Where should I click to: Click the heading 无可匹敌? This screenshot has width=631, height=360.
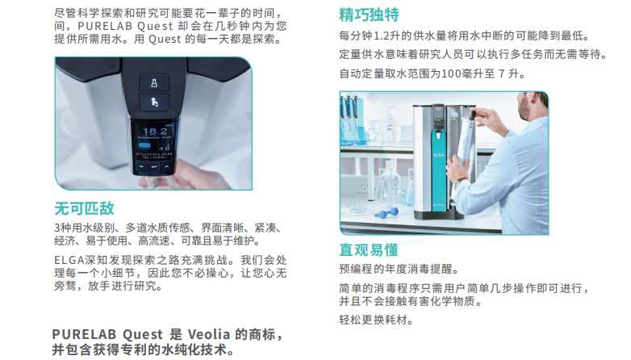pyautogui.click(x=85, y=207)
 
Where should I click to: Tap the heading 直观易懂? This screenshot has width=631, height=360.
pyautogui.click(x=369, y=249)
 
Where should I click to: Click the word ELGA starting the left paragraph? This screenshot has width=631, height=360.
pyautogui.click(x=69, y=261)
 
